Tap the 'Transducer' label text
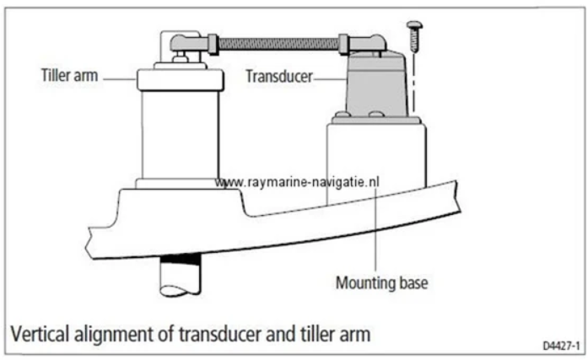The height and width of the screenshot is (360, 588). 278,77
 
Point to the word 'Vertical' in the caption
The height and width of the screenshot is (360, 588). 41,331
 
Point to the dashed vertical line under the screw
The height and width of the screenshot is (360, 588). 414,84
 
